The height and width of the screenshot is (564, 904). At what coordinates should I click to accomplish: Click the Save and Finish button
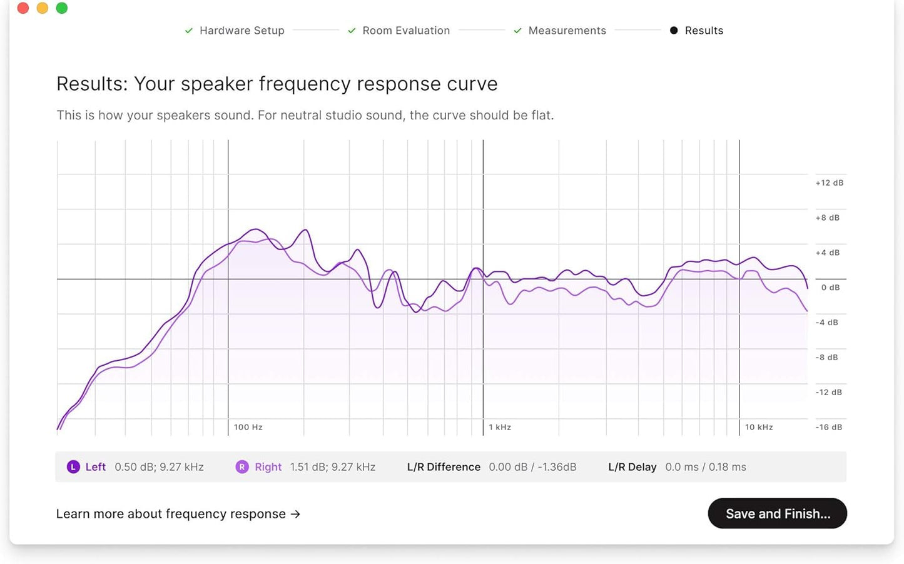[777, 513]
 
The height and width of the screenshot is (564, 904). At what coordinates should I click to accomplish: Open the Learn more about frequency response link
[178, 514]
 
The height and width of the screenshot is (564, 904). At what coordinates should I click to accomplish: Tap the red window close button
[23, 8]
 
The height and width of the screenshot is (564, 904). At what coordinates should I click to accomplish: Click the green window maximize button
[61, 8]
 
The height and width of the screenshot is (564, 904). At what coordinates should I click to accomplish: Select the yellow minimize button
[43, 8]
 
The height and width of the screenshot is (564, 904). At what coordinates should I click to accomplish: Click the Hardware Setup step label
[241, 31]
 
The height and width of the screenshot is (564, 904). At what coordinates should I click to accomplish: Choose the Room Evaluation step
[406, 31]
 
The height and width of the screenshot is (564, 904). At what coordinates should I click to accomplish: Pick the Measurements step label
[567, 31]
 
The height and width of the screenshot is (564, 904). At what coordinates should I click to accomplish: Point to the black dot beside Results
[674, 31]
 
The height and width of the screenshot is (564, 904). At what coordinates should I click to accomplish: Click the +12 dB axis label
[829, 183]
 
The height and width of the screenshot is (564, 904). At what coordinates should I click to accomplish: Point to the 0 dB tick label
[830, 288]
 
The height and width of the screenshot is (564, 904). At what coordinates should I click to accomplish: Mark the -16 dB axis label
[829, 427]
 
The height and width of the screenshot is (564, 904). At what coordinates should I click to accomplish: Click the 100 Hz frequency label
[248, 427]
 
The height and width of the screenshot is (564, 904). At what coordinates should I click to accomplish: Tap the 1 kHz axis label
[500, 427]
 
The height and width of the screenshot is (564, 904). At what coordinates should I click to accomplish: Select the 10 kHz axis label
[759, 427]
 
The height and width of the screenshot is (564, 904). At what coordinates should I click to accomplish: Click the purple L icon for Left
[73, 467]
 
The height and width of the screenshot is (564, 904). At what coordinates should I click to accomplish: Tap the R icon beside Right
[241, 467]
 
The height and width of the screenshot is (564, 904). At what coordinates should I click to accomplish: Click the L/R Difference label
[444, 467]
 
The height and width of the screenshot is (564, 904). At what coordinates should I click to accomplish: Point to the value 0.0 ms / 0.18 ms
[705, 467]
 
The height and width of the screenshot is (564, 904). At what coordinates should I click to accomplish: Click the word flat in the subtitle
[542, 116]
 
